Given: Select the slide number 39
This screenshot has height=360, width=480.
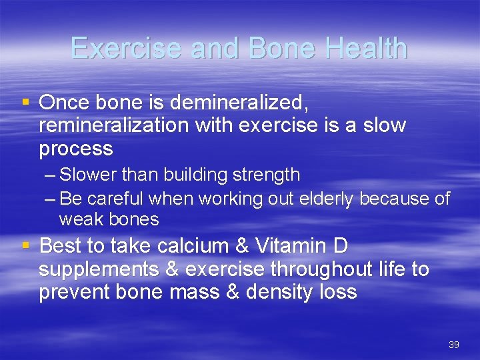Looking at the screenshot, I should click(454, 345).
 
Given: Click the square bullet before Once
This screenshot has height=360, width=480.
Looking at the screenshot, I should click(26, 102).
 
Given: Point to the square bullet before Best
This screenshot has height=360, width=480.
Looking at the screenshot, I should click(26, 246).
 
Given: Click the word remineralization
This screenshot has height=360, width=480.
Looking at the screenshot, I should click(114, 125).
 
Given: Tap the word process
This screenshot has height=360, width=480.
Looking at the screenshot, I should click(75, 149).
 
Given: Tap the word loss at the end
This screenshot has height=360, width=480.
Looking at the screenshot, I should click(338, 292).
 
